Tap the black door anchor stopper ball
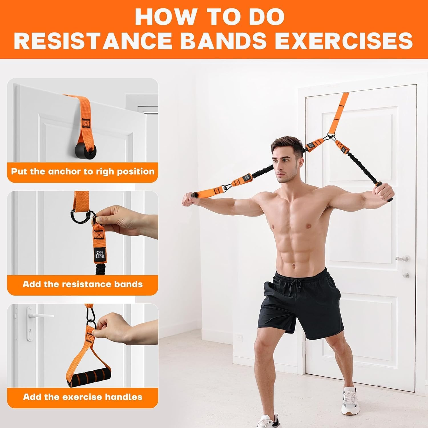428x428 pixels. (84, 150)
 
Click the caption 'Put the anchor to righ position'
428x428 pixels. (83, 171)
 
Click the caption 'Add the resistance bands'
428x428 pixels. (83, 284)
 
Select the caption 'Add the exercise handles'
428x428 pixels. (83, 397)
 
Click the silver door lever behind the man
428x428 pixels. (402, 259)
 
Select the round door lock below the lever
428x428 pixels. (406, 275)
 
